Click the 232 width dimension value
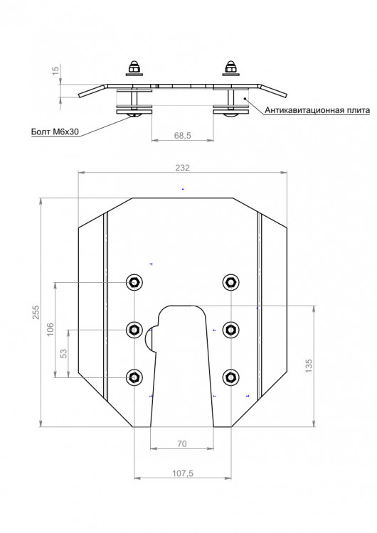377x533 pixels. tap(182, 168)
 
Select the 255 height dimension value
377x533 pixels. tap(36, 313)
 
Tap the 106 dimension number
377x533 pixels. tap(50, 329)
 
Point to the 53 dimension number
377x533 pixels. tap(63, 354)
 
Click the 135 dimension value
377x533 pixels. tap(309, 366)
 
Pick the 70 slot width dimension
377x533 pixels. tap(182, 443)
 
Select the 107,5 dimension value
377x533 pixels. tap(182, 473)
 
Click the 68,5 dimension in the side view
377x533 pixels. tap(183, 135)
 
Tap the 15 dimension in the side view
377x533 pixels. tap(55, 70)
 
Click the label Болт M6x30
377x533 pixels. tap(55, 131)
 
